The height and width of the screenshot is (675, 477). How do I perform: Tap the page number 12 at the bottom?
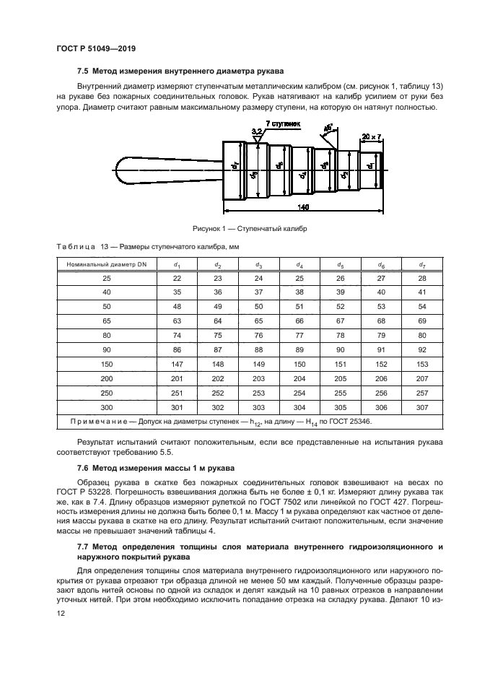tap(60, 613)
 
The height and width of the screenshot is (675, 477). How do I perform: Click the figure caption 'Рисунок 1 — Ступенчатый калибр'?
tap(245, 228)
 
